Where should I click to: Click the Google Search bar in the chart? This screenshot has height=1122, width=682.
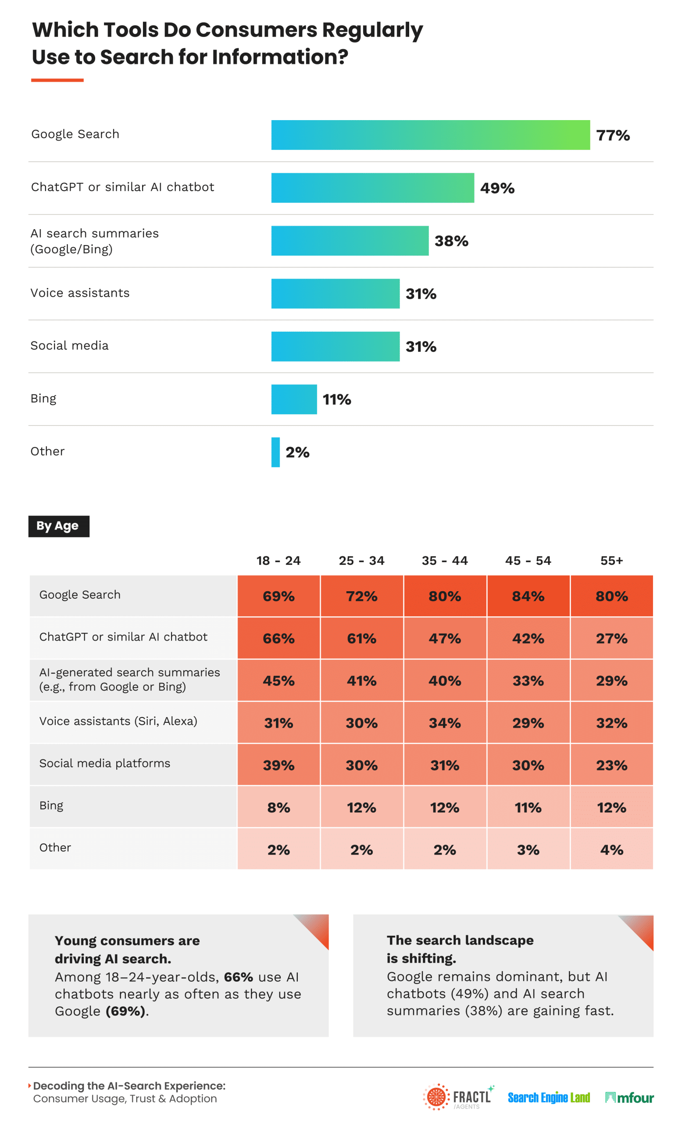pyautogui.click(x=430, y=135)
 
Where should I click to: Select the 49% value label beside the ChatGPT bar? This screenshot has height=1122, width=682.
pyautogui.click(x=497, y=188)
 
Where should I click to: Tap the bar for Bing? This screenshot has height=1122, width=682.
pyautogui.click(x=294, y=399)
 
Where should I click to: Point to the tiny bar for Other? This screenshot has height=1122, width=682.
pyautogui.click(x=275, y=452)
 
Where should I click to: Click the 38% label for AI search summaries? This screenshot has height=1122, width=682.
pyautogui.click(x=451, y=241)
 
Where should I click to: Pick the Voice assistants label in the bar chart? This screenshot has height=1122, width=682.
pyautogui.click(x=80, y=293)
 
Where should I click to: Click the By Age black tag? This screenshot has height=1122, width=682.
pyautogui.click(x=59, y=526)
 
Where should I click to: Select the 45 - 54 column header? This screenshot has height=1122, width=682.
pyautogui.click(x=528, y=561)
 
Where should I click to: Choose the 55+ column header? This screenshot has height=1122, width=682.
pyautogui.click(x=611, y=561)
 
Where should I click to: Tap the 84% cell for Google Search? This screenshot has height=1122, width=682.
pyautogui.click(x=528, y=596)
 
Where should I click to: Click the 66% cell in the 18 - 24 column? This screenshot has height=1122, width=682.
pyautogui.click(x=279, y=639)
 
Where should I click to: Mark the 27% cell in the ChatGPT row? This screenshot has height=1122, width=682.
pyautogui.click(x=611, y=639)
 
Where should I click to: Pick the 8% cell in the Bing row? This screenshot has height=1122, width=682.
pyautogui.click(x=279, y=807)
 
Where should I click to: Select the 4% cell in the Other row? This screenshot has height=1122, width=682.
pyautogui.click(x=611, y=850)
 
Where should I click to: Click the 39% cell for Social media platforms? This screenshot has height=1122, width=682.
pyautogui.click(x=279, y=765)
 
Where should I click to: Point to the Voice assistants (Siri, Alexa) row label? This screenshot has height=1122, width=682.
pyautogui.click(x=118, y=721)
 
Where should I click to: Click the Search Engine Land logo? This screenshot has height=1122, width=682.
pyautogui.click(x=549, y=1097)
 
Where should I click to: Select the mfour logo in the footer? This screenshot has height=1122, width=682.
pyautogui.click(x=629, y=1098)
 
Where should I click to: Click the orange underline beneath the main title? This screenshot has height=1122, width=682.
pyautogui.click(x=57, y=80)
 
